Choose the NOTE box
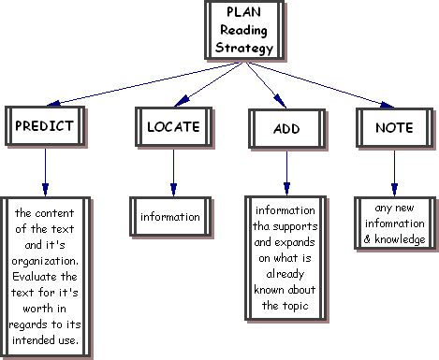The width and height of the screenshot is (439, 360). click(394, 126)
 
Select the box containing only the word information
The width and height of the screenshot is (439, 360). click(170, 218)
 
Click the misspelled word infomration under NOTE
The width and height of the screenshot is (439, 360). click(395, 224)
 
